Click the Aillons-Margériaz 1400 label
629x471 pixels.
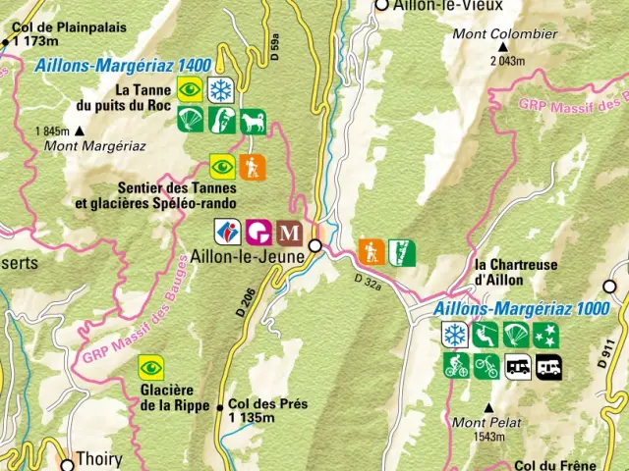[x=122, y=66]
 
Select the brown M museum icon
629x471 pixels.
[x=289, y=232]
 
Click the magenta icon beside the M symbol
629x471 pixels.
[x=258, y=232]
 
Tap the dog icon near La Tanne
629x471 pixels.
[x=254, y=120]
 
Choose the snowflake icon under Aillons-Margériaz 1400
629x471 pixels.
[x=221, y=89]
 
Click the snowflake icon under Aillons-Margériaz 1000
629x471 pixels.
[x=454, y=336]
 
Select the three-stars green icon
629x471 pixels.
[x=547, y=336]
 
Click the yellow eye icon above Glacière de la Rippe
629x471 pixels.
[x=150, y=367]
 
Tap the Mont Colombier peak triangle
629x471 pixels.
[x=504, y=47]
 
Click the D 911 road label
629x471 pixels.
[x=605, y=351]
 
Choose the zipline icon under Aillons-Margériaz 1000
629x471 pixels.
[x=486, y=336]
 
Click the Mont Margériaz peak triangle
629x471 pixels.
[x=79, y=131]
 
